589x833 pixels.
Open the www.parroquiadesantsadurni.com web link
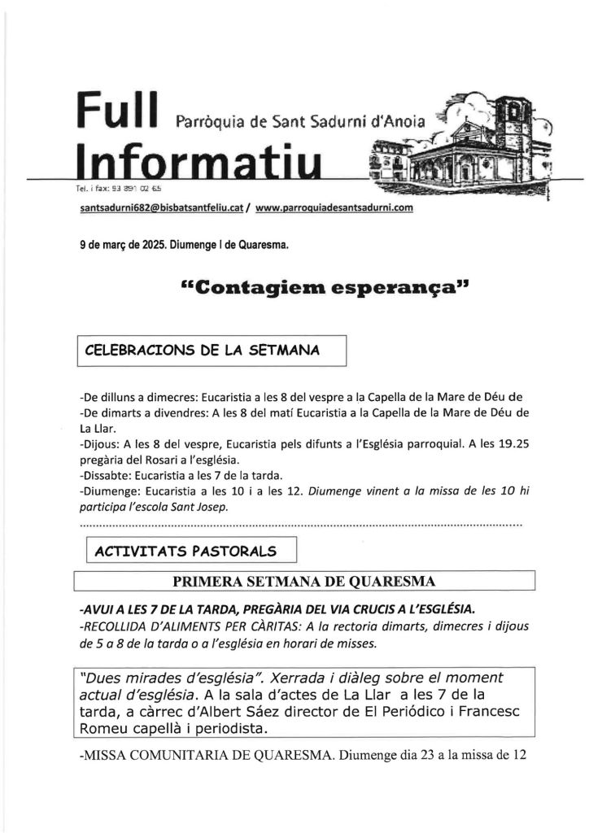(x=334, y=208)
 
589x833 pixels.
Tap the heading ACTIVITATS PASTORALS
(x=185, y=551)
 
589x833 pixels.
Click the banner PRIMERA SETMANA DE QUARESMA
(x=303, y=581)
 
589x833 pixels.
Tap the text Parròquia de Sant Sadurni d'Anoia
(x=299, y=123)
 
